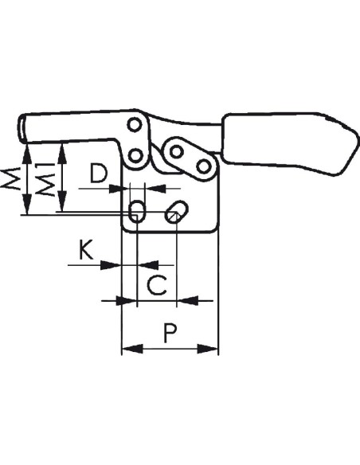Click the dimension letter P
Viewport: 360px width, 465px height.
[x=170, y=333]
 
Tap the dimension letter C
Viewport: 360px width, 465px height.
[x=157, y=285]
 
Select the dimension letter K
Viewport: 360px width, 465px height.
[x=86, y=250]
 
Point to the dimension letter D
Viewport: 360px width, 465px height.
[x=99, y=174]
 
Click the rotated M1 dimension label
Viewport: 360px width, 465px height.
[x=45, y=179]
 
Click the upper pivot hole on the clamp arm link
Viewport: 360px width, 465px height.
[x=135, y=125]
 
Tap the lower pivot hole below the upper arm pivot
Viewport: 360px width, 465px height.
[x=135, y=155]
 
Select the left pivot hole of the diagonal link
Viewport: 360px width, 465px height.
[x=177, y=152]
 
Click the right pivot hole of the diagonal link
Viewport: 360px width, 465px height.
[x=203, y=166]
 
